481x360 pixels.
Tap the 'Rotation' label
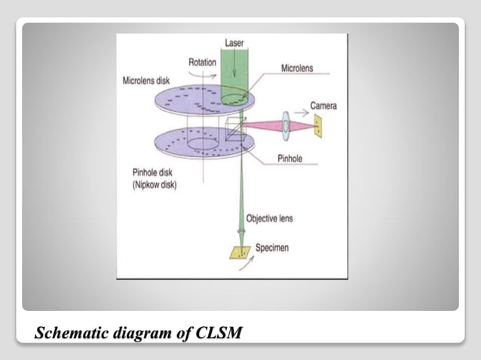tap(202, 63)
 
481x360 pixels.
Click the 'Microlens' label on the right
tap(297, 68)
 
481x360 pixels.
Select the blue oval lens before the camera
tap(287, 124)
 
